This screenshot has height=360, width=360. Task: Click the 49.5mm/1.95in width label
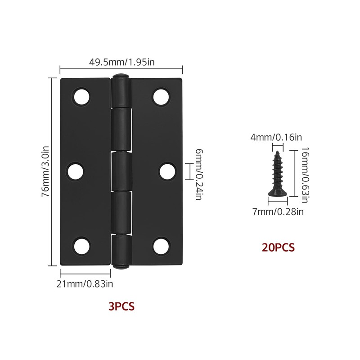click(121, 62)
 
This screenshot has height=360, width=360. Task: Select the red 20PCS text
click(278, 247)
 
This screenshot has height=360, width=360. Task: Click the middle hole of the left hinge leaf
click(77, 171)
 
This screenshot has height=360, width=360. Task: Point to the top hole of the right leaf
click(161, 97)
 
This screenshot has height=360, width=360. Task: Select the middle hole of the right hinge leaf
click(167, 171)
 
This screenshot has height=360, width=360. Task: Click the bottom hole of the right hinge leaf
click(161, 246)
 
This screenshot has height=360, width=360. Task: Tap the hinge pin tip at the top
click(121, 76)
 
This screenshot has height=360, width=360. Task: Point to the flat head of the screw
click(274, 193)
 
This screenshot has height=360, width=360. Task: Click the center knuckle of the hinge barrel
click(121, 171)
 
